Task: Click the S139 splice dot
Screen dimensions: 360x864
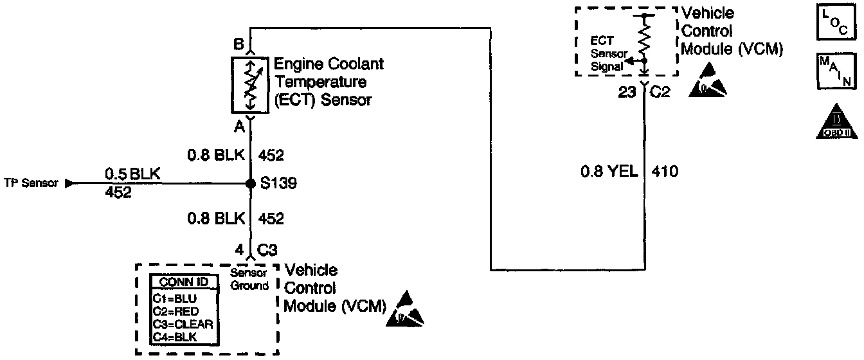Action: [251, 184]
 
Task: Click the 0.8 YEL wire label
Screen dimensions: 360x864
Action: [607, 172]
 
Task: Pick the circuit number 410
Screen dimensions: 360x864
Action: [665, 172]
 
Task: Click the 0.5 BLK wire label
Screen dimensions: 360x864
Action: [132, 174]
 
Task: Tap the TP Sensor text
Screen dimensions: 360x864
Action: [31, 183]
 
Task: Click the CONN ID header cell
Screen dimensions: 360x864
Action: [183, 282]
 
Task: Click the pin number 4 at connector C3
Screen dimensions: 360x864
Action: [240, 249]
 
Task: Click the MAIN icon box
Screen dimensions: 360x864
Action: [834, 71]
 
